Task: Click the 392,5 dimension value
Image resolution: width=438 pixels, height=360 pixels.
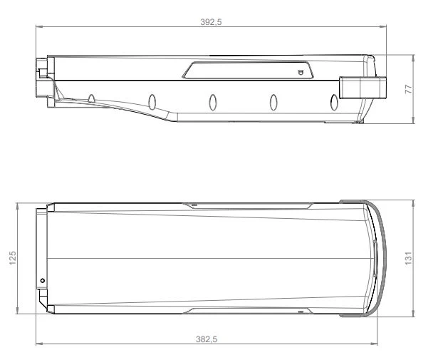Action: [212, 22]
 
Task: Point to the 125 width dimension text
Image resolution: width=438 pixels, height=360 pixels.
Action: [12, 257]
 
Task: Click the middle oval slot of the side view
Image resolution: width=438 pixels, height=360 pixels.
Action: [212, 101]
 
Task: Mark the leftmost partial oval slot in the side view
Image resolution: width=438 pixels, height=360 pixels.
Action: [92, 98]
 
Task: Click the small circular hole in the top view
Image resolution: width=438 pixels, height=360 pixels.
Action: [42, 281]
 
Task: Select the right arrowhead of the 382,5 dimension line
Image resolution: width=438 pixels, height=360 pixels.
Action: [376, 344]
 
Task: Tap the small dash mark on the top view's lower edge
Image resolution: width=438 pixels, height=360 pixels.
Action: [301, 311]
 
